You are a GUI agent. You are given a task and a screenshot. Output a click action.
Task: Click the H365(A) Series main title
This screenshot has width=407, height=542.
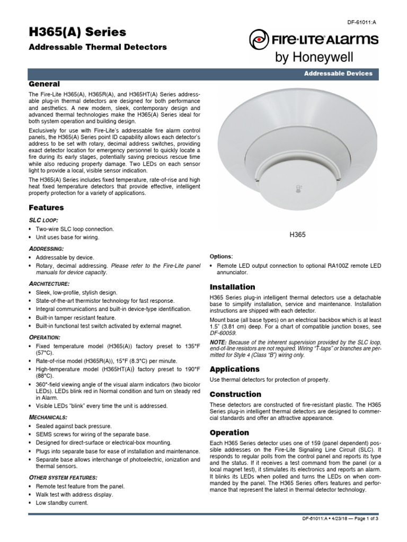pos(77,32)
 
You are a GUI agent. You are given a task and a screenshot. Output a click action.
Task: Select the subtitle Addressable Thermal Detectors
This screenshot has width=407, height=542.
pos(98,47)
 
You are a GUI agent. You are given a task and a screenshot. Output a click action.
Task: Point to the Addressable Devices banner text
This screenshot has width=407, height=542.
pos(338,74)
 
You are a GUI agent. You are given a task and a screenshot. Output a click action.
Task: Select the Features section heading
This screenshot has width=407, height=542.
pos(46,208)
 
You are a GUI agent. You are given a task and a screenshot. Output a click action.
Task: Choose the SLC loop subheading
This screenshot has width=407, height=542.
pos(43,220)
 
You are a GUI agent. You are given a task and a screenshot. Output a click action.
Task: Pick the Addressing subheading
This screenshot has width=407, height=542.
pos(46,248)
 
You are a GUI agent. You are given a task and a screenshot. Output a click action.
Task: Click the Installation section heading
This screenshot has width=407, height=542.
pos(233,287)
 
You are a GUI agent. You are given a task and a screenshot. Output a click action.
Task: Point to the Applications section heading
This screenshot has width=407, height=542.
pos(235,369)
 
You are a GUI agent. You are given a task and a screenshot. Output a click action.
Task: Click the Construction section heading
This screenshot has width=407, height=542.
pos(236,394)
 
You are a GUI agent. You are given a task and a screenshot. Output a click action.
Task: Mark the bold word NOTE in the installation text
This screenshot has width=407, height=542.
pos(219,341)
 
